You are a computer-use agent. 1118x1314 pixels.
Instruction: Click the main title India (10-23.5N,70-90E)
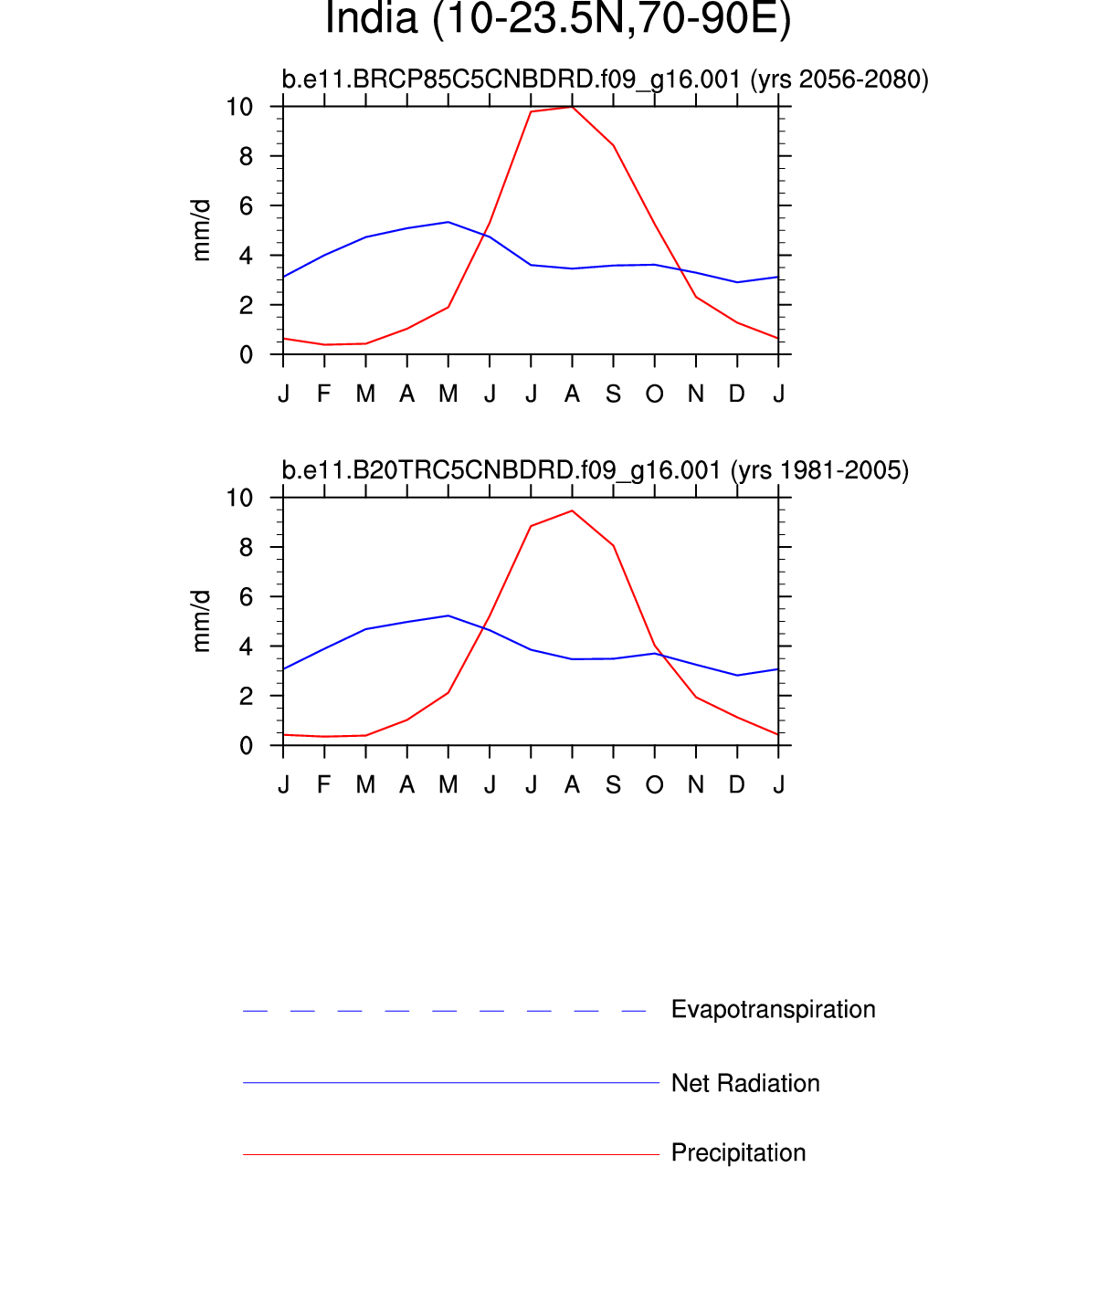tap(558, 19)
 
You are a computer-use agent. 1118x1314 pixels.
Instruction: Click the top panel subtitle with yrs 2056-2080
tap(605, 79)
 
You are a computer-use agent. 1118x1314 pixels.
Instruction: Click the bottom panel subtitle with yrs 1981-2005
tap(595, 470)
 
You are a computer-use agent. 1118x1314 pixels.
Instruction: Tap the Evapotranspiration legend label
tap(773, 1009)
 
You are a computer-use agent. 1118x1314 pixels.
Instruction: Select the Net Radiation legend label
tap(745, 1083)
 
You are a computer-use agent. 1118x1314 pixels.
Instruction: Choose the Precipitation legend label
tap(738, 1153)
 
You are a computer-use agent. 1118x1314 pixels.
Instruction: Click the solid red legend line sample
tap(450, 1155)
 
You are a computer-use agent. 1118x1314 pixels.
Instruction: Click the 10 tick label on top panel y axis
tap(239, 107)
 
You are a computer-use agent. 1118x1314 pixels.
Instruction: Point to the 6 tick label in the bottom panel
tap(246, 597)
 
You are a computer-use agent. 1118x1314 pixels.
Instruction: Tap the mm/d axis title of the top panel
tap(201, 230)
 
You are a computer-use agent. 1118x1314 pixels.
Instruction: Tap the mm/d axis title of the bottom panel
tap(201, 621)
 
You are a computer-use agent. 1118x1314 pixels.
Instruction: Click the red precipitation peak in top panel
tap(572, 107)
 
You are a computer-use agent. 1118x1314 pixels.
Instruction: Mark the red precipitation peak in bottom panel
tap(572, 510)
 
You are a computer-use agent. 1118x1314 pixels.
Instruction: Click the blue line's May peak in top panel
tap(448, 222)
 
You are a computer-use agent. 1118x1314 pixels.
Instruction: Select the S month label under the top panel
tap(613, 394)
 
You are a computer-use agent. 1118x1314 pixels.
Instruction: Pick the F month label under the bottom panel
tap(324, 785)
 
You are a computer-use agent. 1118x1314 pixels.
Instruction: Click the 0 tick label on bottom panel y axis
tap(246, 746)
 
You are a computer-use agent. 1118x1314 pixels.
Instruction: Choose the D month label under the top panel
tap(736, 394)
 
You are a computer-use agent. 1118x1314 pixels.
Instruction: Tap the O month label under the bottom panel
tap(654, 785)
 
